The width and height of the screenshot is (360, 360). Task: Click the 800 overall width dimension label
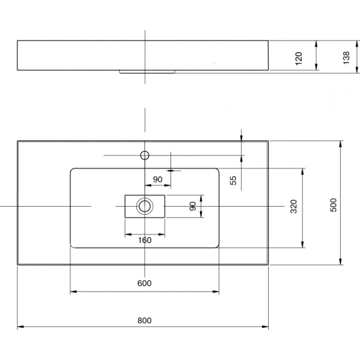(145, 320)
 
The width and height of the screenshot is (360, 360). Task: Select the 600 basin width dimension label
(145, 283)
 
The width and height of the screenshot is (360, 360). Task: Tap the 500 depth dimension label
(333, 205)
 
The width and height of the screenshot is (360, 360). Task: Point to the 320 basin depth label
(294, 207)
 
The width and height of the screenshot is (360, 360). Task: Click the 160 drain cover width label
(145, 240)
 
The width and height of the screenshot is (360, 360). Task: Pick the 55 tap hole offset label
(233, 180)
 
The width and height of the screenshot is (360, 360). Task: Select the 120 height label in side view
(299, 58)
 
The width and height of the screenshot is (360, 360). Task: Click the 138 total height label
(346, 57)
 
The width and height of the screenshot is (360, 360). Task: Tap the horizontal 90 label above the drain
(158, 179)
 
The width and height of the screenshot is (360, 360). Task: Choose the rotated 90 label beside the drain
(193, 206)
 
